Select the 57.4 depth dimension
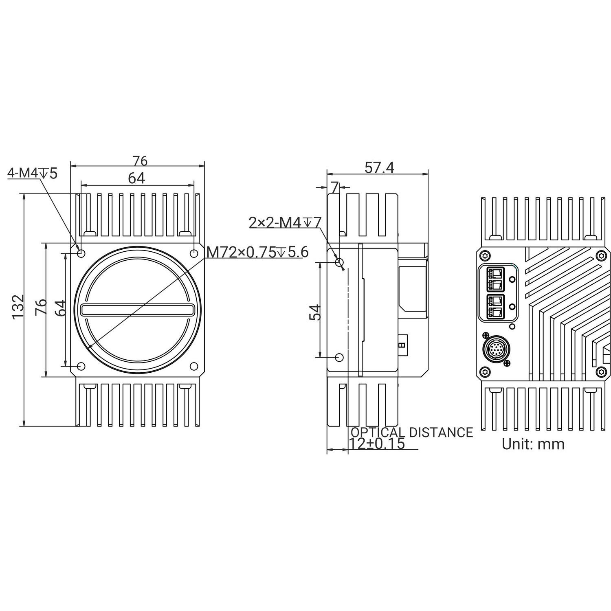pyautogui.click(x=379, y=167)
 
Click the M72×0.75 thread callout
pyautogui.click(x=257, y=253)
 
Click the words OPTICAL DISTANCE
pyautogui.click(x=412, y=432)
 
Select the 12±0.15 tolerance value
pyautogui.click(x=377, y=444)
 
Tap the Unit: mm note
pyautogui.click(x=533, y=444)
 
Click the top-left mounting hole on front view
pyautogui.click(x=81, y=253)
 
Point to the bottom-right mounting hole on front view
pyautogui.click(x=194, y=366)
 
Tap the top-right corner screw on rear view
pyautogui.click(x=602, y=256)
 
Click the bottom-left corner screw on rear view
pyautogui.click(x=485, y=371)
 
